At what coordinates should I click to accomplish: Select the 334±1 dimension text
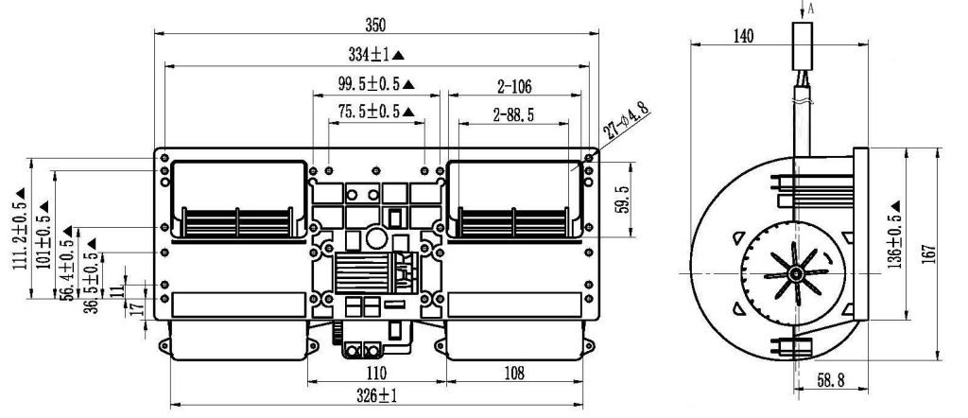tap(370, 55)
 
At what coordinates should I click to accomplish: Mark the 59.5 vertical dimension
tap(623, 200)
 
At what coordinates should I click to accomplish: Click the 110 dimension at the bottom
tap(375, 373)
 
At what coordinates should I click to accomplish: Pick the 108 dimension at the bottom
tap(514, 373)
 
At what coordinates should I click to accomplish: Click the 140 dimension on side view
tap(743, 37)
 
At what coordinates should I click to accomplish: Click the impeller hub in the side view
tap(795, 273)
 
